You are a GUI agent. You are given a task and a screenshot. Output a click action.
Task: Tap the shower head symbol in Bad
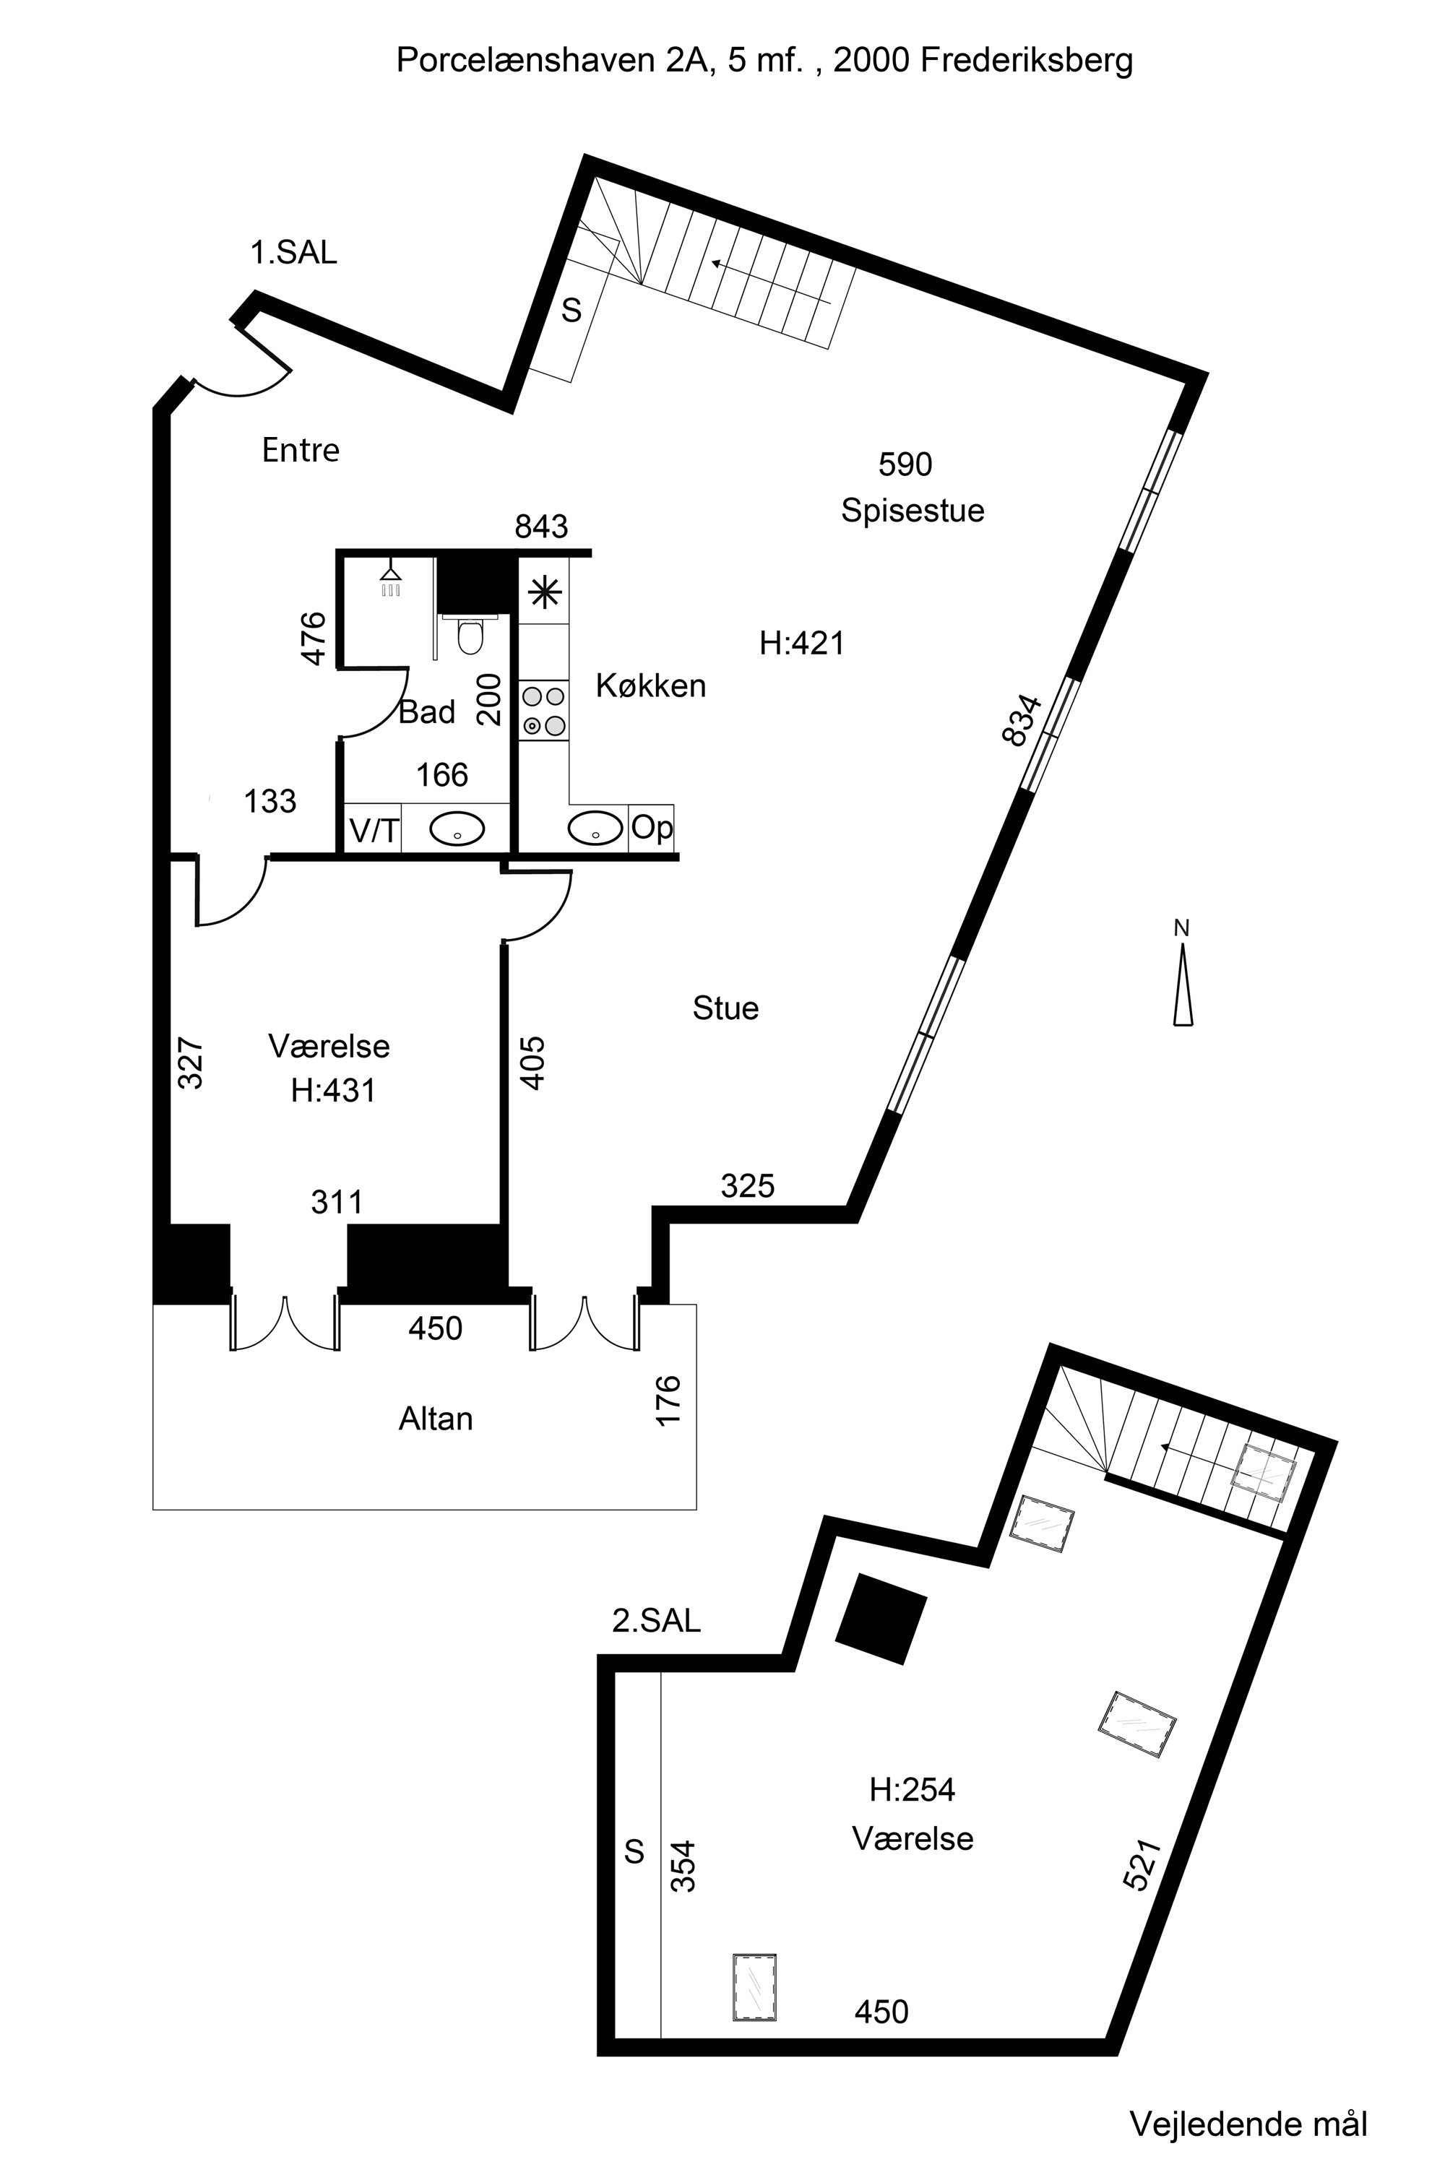(x=391, y=579)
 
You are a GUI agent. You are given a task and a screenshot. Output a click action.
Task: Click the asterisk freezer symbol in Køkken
(x=545, y=592)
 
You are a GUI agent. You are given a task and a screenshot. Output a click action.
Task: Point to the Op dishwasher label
(x=652, y=827)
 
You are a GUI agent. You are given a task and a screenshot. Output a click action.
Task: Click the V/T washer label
(x=374, y=831)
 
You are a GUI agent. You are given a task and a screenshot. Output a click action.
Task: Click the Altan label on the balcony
(x=436, y=1418)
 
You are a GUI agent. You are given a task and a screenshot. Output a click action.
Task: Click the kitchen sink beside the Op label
(x=595, y=827)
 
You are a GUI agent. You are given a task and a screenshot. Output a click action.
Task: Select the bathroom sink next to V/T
(x=456, y=829)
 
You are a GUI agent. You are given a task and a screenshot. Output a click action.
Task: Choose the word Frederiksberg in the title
(x=1027, y=61)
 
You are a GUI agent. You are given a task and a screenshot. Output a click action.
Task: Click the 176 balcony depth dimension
(x=668, y=1401)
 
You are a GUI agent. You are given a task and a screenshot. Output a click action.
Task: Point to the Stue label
(x=725, y=1008)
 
